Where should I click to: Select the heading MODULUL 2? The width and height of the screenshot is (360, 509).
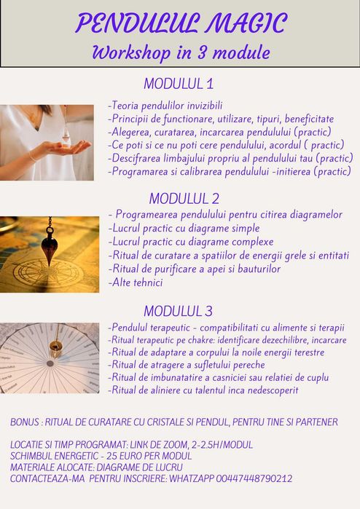pyautogui.click(x=184, y=197)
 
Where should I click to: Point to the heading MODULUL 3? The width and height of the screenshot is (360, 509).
pyautogui.click(x=178, y=311)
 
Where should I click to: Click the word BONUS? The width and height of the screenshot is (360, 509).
pyautogui.click(x=26, y=422)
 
